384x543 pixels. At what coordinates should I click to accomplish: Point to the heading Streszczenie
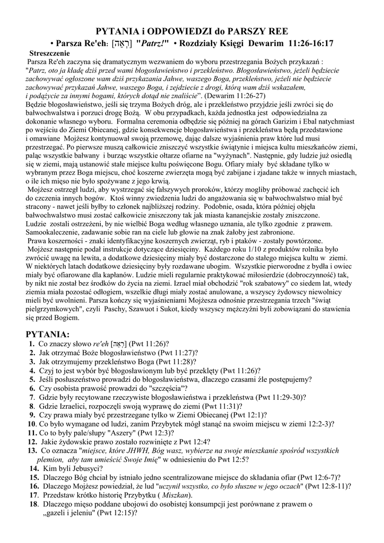click(50, 54)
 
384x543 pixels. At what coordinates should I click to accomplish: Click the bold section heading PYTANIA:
click(48, 335)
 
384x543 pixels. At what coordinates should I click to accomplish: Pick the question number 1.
click(32, 344)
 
